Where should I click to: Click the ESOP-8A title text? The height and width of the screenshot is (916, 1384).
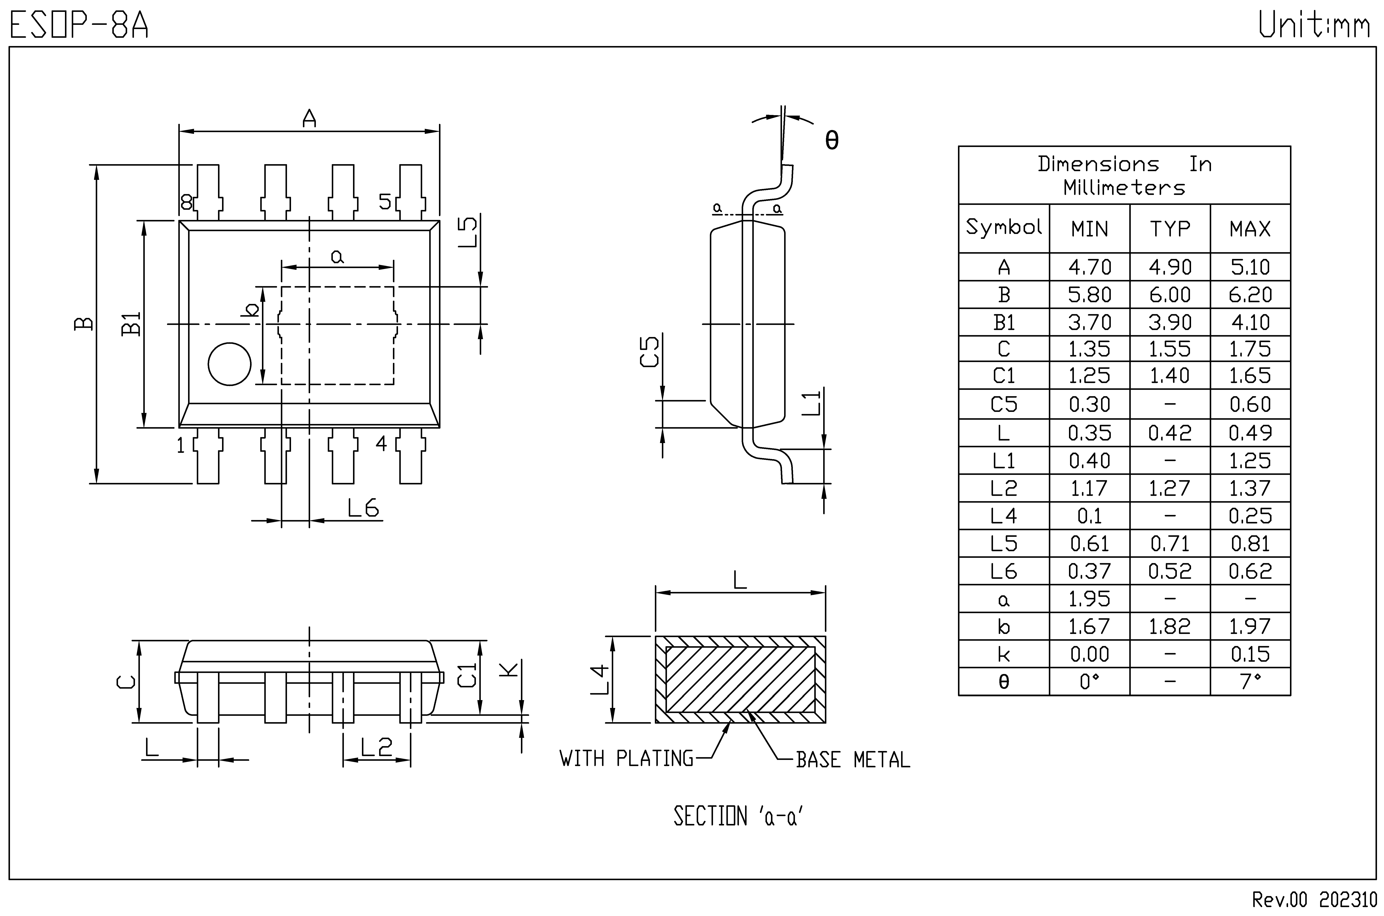[79, 25]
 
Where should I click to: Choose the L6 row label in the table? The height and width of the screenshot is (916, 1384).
[1004, 571]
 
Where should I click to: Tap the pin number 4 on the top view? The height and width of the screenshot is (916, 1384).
[381, 444]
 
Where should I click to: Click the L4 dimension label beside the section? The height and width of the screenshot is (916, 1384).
[600, 679]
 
